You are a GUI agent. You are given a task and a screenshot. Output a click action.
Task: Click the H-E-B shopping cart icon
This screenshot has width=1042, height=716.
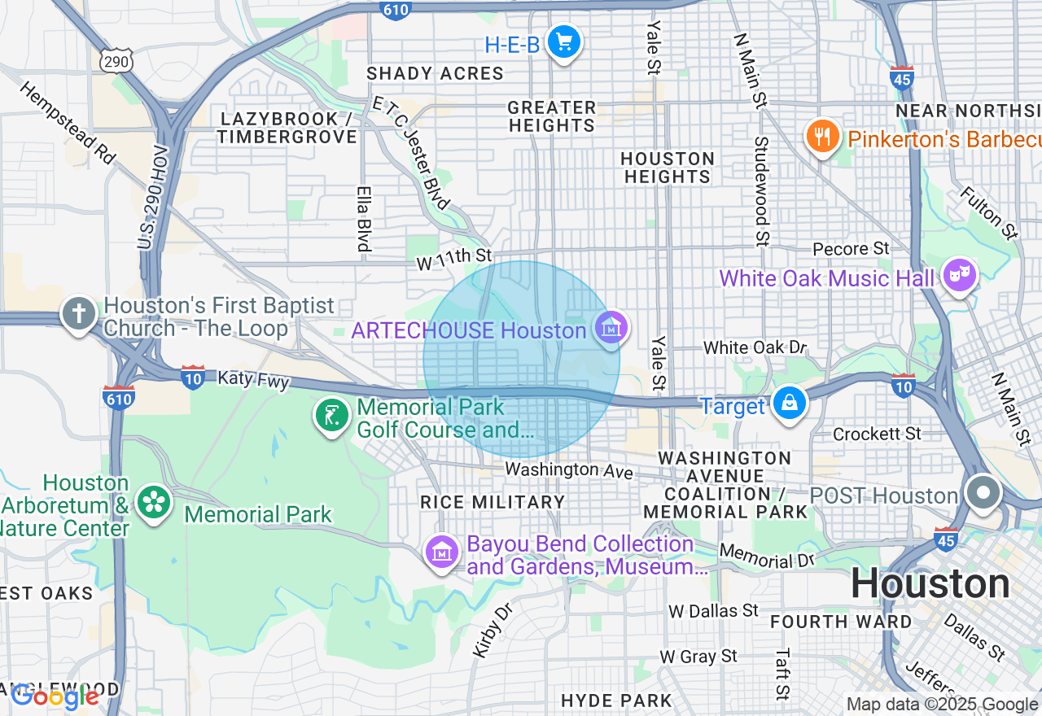tap(563, 41)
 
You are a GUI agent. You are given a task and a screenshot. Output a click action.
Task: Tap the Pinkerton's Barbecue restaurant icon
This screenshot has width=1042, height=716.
tap(823, 136)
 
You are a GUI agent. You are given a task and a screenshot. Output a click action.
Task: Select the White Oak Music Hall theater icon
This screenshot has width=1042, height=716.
tap(960, 275)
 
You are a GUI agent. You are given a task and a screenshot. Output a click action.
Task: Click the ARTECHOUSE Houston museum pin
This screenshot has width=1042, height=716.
tap(610, 329)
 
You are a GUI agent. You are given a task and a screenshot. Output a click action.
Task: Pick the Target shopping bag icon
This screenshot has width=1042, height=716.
tap(789, 403)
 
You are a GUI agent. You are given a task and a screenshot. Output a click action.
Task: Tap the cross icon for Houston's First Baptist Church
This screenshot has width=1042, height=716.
tap(79, 314)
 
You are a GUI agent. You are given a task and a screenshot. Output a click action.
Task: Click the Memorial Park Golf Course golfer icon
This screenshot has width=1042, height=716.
tap(332, 416)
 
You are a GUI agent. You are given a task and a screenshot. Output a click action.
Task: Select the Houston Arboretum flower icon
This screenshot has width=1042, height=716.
tap(153, 502)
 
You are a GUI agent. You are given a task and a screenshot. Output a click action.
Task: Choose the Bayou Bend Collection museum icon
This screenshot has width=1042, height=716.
tap(442, 552)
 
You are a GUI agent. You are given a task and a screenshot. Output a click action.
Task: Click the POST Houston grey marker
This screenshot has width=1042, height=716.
tap(983, 493)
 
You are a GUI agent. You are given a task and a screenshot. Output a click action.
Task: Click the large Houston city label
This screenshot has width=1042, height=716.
tap(930, 584)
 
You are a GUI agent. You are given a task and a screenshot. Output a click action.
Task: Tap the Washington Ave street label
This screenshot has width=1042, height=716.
tap(568, 469)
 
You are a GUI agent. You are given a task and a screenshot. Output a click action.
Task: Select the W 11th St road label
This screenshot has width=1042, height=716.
tap(454, 259)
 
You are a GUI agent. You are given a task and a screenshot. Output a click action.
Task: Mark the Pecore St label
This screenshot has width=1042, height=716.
tap(851, 248)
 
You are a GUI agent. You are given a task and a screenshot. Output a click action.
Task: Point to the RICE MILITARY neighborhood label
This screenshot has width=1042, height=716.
tap(493, 502)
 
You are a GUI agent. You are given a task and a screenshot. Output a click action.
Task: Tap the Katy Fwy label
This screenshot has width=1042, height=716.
tap(253, 379)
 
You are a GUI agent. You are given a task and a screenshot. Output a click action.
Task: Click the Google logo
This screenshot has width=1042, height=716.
tap(55, 696)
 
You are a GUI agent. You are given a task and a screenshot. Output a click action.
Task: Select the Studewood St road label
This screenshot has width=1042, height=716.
tap(761, 191)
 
